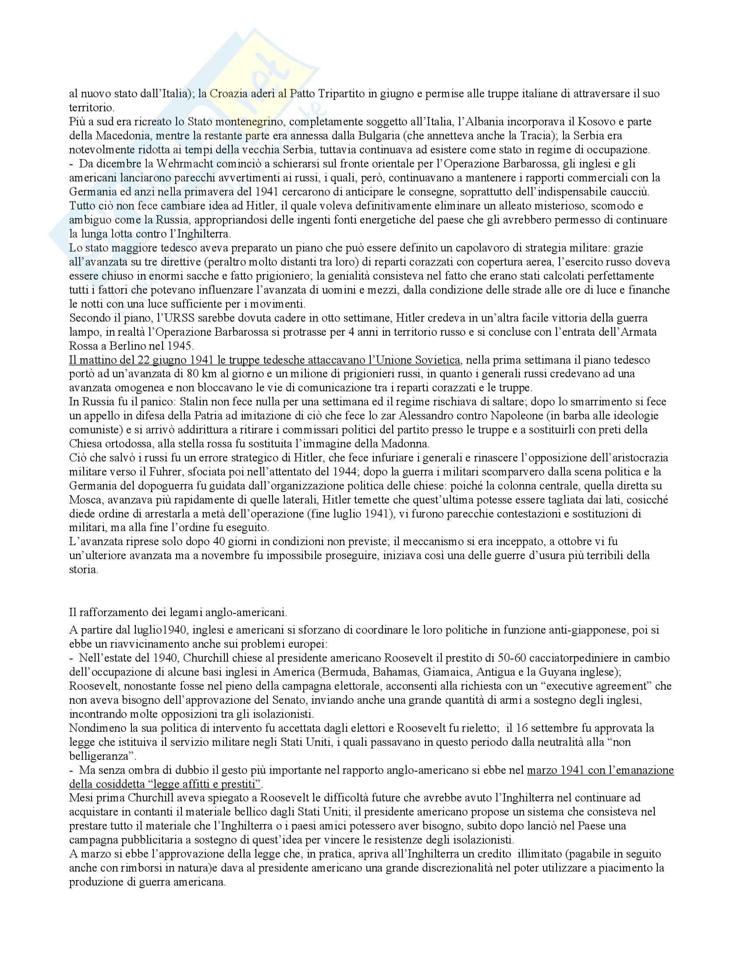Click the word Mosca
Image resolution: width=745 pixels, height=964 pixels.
click(x=83, y=500)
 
